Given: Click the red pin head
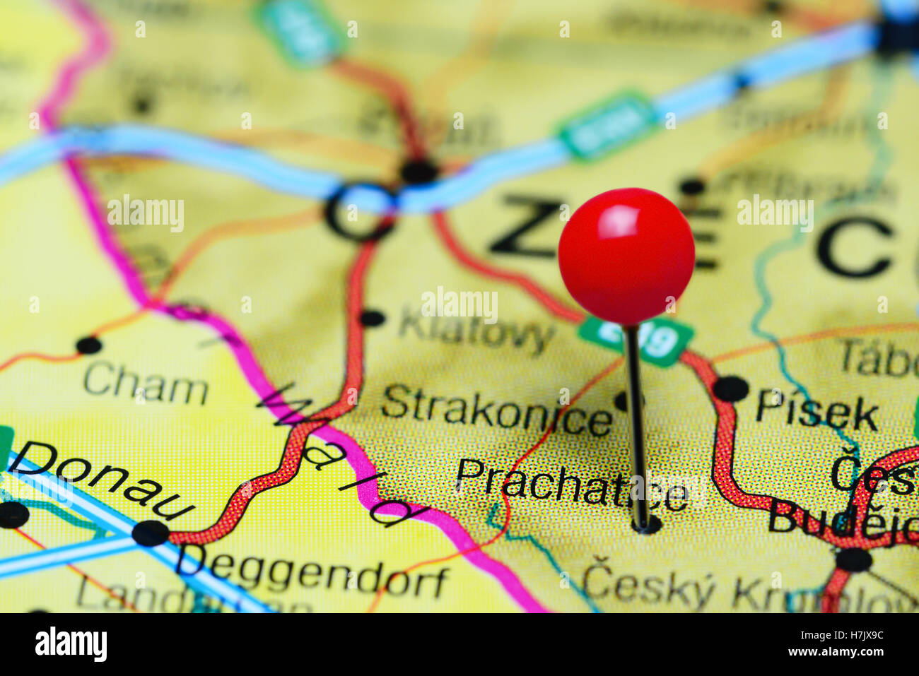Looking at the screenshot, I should tap(626, 256).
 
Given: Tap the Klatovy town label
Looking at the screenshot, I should tap(476, 330).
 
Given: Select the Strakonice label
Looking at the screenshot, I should tap(496, 412).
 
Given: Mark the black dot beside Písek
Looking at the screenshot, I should tap(731, 389).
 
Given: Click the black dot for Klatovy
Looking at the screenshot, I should tap(372, 318).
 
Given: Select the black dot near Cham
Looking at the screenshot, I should tap(88, 345).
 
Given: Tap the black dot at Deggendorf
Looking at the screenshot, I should tap(151, 533).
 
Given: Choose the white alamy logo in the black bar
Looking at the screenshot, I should tap(71, 644).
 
